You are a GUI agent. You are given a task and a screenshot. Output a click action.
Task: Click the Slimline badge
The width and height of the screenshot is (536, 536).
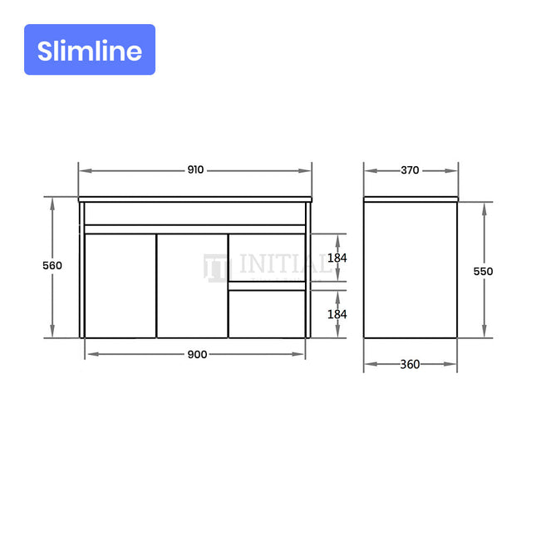[90, 50]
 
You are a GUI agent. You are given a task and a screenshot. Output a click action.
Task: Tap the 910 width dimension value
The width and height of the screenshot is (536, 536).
[195, 170]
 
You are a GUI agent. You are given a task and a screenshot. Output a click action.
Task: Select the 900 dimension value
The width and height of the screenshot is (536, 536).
[197, 354]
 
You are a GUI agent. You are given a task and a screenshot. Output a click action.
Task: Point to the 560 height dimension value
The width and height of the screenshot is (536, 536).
[52, 265]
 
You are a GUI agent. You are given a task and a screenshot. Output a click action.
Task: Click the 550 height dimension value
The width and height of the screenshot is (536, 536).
[484, 271]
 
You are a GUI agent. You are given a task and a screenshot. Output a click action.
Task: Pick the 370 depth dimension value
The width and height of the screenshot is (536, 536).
[410, 170]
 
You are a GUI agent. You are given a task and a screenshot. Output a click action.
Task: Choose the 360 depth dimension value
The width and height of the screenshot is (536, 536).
[410, 364]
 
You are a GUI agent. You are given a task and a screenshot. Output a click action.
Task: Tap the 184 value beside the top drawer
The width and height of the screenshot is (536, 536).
[337, 258]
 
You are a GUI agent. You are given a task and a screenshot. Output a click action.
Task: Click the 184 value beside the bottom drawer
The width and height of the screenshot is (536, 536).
[337, 314]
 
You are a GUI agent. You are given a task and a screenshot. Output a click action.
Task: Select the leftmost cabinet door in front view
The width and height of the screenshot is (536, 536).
[120, 286]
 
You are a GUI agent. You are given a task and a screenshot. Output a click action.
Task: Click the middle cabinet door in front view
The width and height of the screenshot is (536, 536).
[193, 286]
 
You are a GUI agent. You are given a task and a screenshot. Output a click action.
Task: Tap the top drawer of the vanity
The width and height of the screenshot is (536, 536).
[267, 258]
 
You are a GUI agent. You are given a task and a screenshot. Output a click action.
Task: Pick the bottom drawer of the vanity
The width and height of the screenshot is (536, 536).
[267, 313]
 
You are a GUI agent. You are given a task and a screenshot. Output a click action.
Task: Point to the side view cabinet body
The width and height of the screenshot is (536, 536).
[411, 270]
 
